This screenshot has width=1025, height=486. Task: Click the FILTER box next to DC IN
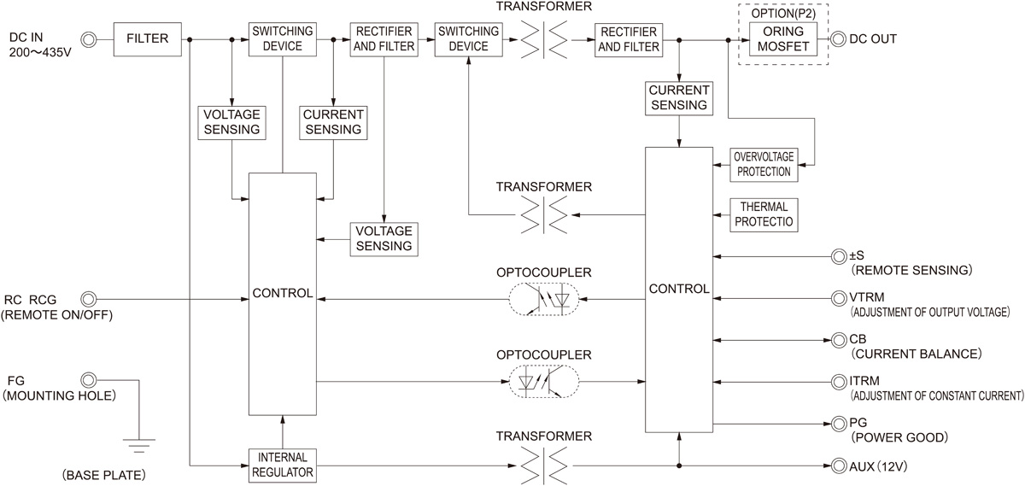[148, 39]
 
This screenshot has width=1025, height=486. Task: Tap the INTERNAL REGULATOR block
[282, 464]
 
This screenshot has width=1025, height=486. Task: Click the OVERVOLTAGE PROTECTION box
[762, 163]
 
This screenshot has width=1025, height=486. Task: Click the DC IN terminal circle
[88, 38]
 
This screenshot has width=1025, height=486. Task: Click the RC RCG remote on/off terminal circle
[88, 298]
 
